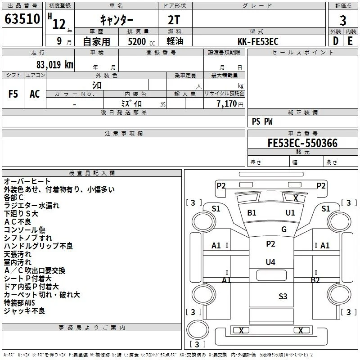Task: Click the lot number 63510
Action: point(22,19)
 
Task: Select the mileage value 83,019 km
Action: point(55,65)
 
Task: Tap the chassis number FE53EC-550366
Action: point(302,143)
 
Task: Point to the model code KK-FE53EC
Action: point(258,41)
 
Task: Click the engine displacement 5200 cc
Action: point(141,41)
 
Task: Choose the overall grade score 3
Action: point(343,21)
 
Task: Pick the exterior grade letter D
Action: point(335,41)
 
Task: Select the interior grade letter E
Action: point(350,41)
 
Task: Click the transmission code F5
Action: point(13,94)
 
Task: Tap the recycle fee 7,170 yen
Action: point(230,104)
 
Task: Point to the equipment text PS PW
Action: point(262,121)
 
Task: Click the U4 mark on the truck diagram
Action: point(270,262)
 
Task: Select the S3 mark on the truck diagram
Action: point(283,296)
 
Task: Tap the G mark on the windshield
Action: point(284,229)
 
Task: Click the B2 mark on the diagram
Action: point(315,280)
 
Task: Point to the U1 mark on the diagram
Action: point(290,212)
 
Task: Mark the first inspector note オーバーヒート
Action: point(27,181)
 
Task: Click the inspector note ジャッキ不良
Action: point(24,311)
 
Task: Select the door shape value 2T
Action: point(174,20)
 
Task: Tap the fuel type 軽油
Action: point(175,41)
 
